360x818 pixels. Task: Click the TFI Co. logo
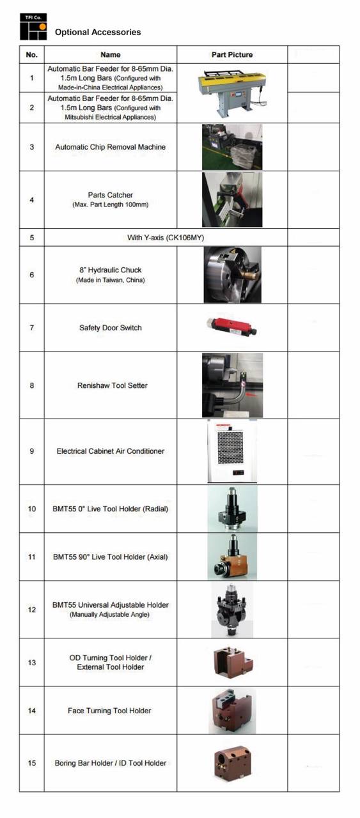(x=33, y=27)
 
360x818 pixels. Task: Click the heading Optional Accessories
(x=98, y=32)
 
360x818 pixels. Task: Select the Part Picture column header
(x=232, y=54)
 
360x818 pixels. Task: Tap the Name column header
(x=111, y=54)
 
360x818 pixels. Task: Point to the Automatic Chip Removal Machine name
(x=111, y=147)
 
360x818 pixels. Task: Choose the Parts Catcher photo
(x=232, y=199)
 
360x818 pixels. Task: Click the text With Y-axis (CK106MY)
(x=166, y=237)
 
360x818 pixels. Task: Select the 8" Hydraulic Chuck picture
(x=233, y=275)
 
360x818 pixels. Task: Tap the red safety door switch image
(x=231, y=327)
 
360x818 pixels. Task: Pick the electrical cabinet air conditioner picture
(x=232, y=451)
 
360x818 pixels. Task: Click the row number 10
(x=32, y=509)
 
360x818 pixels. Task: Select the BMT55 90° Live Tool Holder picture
(x=232, y=557)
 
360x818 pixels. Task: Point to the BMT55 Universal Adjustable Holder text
(x=111, y=605)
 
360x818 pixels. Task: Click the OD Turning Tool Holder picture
(x=233, y=662)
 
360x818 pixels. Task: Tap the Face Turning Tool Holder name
(x=109, y=710)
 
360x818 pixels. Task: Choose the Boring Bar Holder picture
(x=233, y=763)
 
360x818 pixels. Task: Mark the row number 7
(x=32, y=328)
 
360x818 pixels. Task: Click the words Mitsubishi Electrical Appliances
(x=110, y=117)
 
